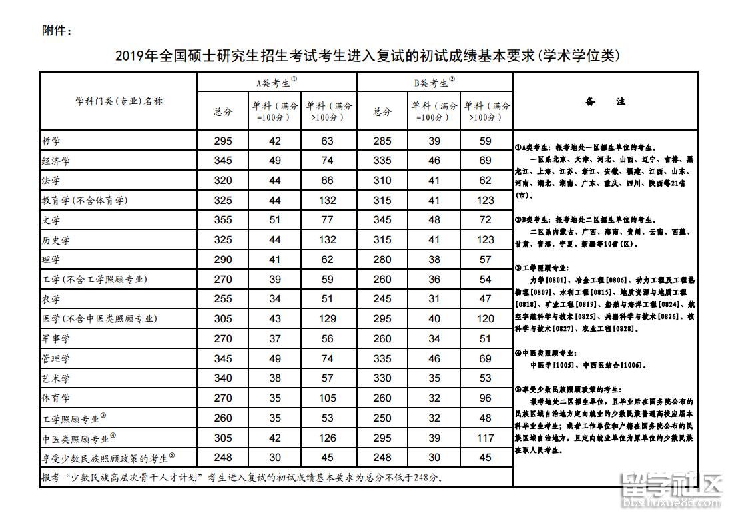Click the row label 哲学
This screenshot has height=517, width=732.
(x=51, y=141)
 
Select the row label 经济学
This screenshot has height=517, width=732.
(x=56, y=161)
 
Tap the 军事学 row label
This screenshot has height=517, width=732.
(x=56, y=339)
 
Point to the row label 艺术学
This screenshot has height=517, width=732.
(x=56, y=378)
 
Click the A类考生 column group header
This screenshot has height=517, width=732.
(x=276, y=83)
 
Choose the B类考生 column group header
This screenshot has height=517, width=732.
(x=434, y=83)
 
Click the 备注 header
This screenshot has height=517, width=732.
(x=605, y=102)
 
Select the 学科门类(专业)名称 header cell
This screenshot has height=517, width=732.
(x=119, y=101)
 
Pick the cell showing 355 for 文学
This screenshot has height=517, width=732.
(x=223, y=220)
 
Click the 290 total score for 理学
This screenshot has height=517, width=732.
(x=223, y=259)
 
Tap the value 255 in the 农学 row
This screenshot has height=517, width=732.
(x=223, y=299)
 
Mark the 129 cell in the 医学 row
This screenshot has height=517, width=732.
(x=327, y=319)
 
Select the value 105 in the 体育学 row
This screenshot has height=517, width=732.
(x=327, y=398)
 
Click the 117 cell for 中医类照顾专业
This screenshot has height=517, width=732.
(x=486, y=438)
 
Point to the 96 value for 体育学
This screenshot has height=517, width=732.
(x=486, y=398)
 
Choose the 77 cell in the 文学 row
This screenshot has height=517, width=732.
(x=327, y=220)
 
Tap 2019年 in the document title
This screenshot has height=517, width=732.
(x=135, y=56)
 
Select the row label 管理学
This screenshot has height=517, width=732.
(x=56, y=359)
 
